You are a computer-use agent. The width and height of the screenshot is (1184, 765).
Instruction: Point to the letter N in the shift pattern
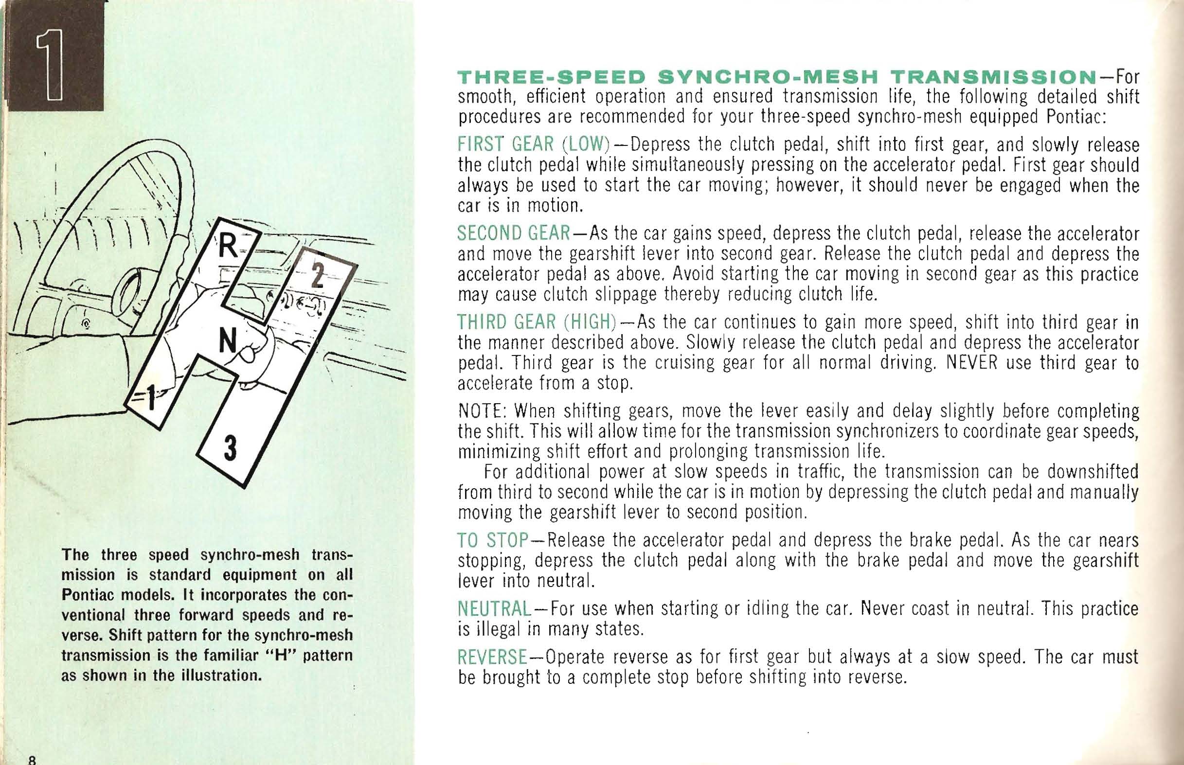click(x=228, y=342)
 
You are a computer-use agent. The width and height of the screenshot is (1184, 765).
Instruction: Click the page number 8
click(x=33, y=760)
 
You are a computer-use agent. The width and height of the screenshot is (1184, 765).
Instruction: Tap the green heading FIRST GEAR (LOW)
click(x=534, y=144)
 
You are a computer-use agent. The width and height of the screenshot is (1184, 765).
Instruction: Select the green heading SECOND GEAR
click(x=514, y=233)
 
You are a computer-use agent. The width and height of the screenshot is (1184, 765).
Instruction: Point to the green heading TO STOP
click(x=492, y=540)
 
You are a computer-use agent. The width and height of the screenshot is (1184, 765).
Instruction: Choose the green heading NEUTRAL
click(x=494, y=608)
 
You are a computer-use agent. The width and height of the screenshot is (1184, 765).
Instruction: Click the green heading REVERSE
click(x=492, y=657)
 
